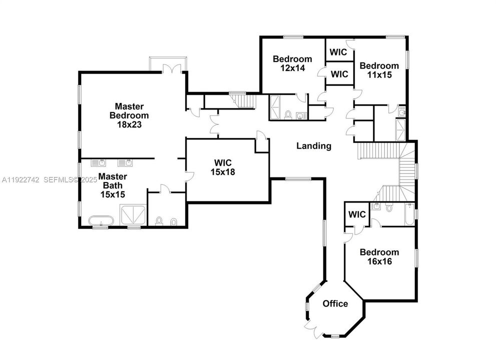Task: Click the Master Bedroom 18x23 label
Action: [x=129, y=115]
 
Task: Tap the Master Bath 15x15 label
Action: [x=112, y=185]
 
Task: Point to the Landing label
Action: [x=314, y=146]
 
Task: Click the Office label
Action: [x=335, y=303]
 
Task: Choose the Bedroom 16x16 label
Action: [x=379, y=256]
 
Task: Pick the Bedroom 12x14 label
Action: [x=292, y=63]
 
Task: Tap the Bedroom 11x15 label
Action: [x=379, y=70]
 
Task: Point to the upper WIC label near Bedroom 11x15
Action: [x=338, y=52]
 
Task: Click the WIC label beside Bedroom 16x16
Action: [x=357, y=215]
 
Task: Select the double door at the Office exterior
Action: [x=312, y=329]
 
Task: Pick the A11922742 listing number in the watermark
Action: [x=20, y=179]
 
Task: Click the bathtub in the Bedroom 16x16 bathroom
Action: [x=409, y=214]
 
